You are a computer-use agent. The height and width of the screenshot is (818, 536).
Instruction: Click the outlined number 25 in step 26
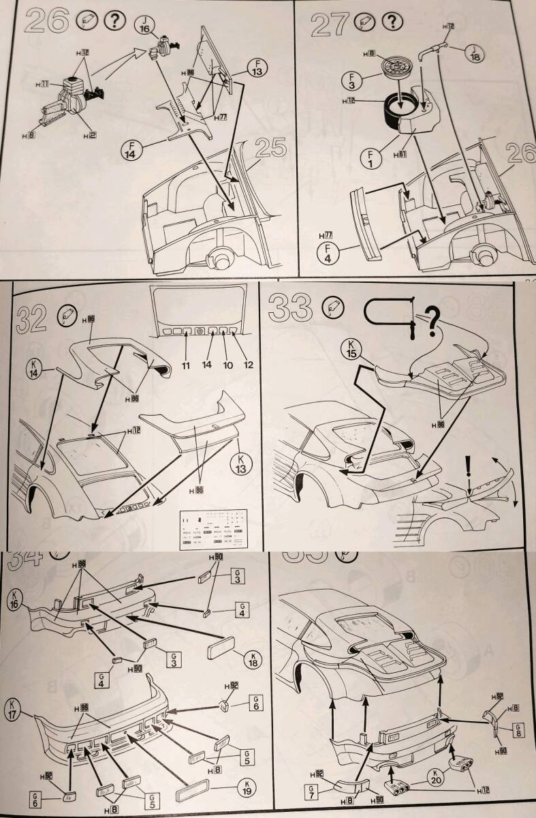click(x=268, y=147)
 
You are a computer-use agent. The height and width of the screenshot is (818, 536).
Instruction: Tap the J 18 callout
click(x=475, y=52)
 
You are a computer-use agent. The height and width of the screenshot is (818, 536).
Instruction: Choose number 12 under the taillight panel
click(x=248, y=365)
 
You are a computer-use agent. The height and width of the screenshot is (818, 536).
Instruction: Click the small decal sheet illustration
click(x=212, y=528)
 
